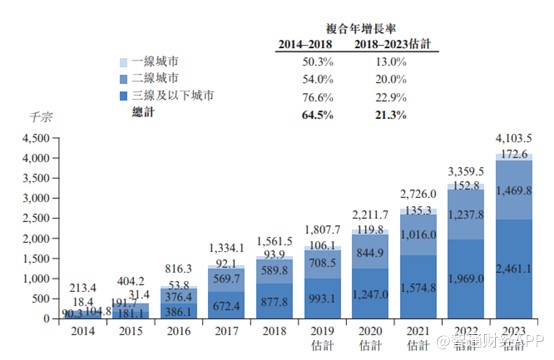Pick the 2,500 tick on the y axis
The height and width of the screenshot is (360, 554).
click(x=35, y=218)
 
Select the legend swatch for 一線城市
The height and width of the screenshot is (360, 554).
click(x=122, y=61)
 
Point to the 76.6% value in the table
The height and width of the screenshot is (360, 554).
click(x=311, y=96)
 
